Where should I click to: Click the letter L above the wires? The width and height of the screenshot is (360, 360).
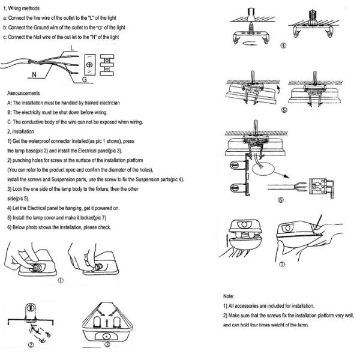tap(72, 48)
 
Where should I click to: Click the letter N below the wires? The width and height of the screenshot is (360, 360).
tap(34, 75)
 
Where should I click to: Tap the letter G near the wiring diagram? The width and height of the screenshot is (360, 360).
tap(85, 79)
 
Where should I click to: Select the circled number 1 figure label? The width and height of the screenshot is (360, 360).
tap(61, 281)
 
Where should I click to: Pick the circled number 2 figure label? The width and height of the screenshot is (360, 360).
tap(31, 345)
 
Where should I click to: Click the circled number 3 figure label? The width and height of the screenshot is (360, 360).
tap(107, 344)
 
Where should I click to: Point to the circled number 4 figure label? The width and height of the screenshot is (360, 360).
tap(283, 46)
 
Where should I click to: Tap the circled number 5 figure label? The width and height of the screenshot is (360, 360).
tap(284, 110)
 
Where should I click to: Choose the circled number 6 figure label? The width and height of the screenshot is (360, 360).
tap(281, 200)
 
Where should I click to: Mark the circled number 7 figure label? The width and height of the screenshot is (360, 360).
tap(282, 264)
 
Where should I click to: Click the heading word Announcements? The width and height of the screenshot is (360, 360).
tap(23, 93)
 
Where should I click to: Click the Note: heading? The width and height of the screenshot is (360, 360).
tap(229, 296)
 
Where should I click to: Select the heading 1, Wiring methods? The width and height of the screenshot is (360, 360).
tap(22, 8)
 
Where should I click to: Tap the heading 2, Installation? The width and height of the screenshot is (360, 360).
tap(20, 131)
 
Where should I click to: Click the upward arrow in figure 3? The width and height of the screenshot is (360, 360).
tap(107, 324)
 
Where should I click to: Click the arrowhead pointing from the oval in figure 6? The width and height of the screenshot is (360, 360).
tap(287, 176)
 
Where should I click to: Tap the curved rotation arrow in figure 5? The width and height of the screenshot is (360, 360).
tap(278, 90)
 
